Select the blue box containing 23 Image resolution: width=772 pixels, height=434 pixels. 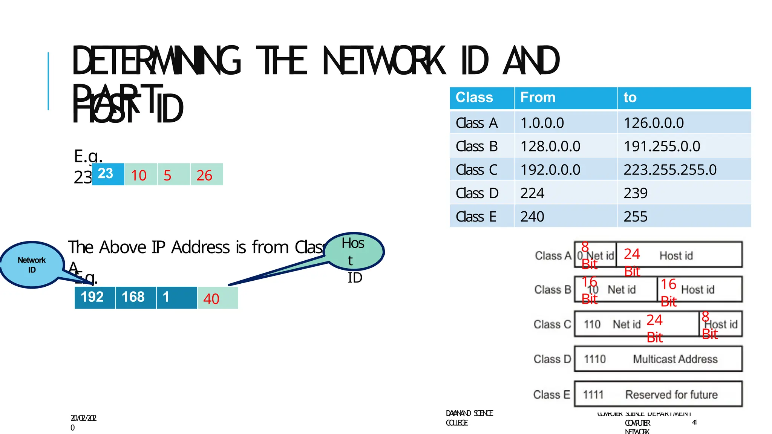(108, 174)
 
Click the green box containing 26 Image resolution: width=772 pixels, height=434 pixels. (207, 174)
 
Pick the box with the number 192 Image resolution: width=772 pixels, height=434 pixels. (95, 298)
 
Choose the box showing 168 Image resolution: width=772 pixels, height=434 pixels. (135, 298)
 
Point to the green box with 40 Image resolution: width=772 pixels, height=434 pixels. (218, 298)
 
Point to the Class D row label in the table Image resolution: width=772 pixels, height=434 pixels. (477, 193)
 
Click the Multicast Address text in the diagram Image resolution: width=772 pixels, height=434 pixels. (675, 359)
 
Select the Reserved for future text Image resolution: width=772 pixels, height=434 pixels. (671, 394)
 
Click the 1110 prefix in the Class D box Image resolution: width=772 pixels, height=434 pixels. (594, 359)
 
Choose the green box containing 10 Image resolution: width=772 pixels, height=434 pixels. (141, 174)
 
